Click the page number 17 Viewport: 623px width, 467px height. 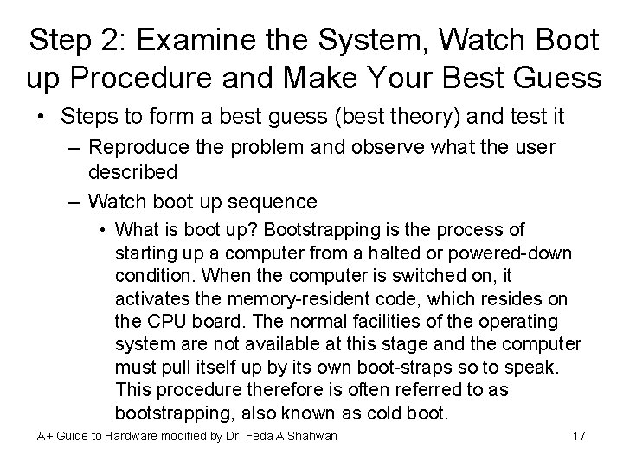click(x=580, y=435)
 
